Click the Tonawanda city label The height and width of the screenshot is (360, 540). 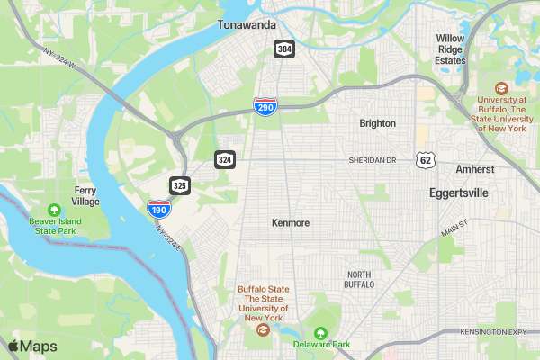pyautogui.click(x=247, y=25)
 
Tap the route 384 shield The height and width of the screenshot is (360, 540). pyautogui.click(x=284, y=49)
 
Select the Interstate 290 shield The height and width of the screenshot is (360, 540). pyautogui.click(x=265, y=107)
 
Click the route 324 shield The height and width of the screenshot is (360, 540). pyautogui.click(x=225, y=159)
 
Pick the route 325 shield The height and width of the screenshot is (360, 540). pyautogui.click(x=180, y=185)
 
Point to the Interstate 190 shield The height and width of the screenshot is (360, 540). pyautogui.click(x=158, y=210)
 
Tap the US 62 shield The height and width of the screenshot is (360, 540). pyautogui.click(x=426, y=160)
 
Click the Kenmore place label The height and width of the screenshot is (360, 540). pyautogui.click(x=291, y=221)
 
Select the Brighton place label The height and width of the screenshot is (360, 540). pyautogui.click(x=377, y=123)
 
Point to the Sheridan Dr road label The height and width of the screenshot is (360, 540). pyautogui.click(x=373, y=160)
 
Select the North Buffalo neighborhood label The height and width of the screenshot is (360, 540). pyautogui.click(x=359, y=279)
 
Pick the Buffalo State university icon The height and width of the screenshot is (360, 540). pyautogui.click(x=261, y=329)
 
